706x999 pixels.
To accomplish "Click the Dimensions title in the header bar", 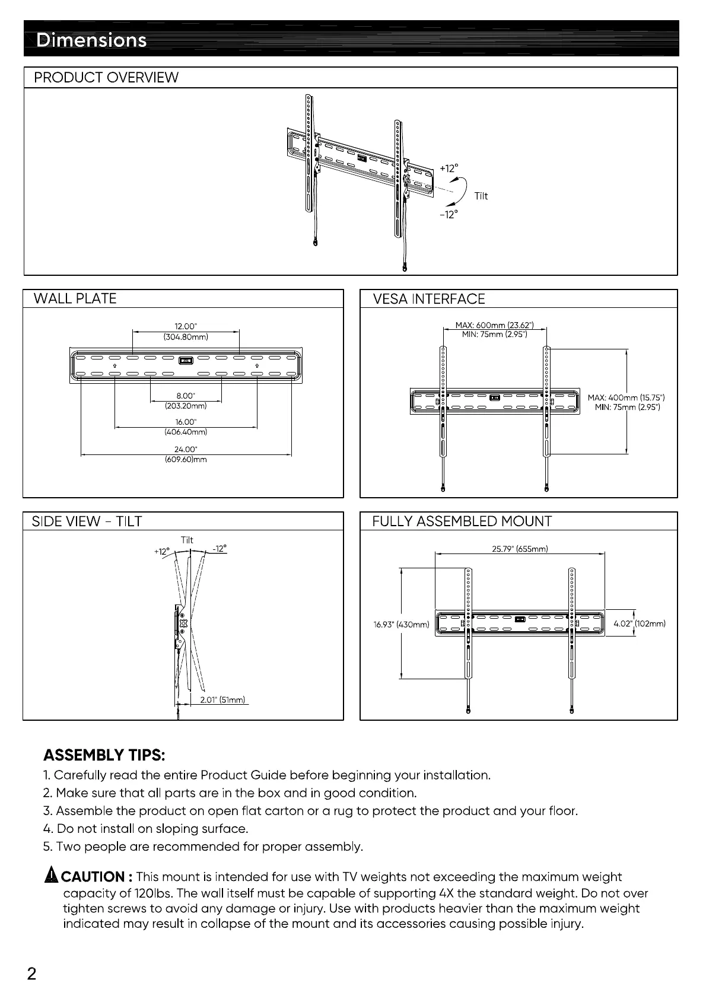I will point(91,40).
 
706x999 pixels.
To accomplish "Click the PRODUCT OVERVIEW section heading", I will point(106,78).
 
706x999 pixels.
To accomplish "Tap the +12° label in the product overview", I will point(449,168).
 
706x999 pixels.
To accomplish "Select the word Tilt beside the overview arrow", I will point(481,196).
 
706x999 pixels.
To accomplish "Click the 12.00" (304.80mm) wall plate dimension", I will point(186,331).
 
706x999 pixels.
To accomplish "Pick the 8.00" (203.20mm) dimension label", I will point(186,400).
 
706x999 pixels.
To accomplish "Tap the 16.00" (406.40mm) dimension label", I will point(186,427).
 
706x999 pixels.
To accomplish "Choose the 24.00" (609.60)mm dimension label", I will point(186,454).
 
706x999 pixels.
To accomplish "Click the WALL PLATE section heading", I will point(75,299).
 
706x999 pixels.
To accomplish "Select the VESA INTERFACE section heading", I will point(429,299).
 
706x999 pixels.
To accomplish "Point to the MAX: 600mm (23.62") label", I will point(494,324).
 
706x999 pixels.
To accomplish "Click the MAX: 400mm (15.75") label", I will point(627,397).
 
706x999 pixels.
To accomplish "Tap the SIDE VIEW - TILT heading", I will point(87,521).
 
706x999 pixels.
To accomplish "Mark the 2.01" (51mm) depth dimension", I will point(222,700).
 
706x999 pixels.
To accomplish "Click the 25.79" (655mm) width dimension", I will point(520,549).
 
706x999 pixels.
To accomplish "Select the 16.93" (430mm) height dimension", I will point(401,624).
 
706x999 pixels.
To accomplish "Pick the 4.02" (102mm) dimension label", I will point(640,623).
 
